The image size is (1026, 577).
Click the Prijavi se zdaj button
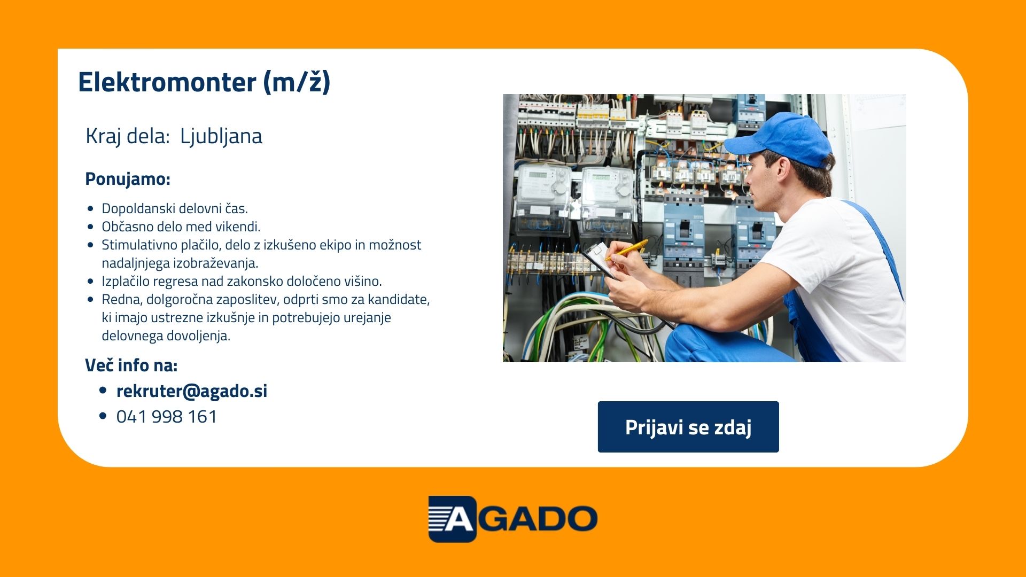coord(688,427)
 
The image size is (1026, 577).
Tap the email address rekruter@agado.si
coord(192,391)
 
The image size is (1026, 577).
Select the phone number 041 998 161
coord(167,417)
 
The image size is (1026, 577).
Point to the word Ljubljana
coord(221,137)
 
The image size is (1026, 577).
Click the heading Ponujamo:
coord(128,179)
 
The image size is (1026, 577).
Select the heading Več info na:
coord(131,365)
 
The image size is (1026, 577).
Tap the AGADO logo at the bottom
coord(513,519)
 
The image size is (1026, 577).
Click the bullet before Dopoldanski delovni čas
coord(90,209)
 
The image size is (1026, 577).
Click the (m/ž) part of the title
coord(297,82)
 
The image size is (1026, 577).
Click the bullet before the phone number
coord(103,416)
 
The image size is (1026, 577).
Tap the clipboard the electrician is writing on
coord(604,261)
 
